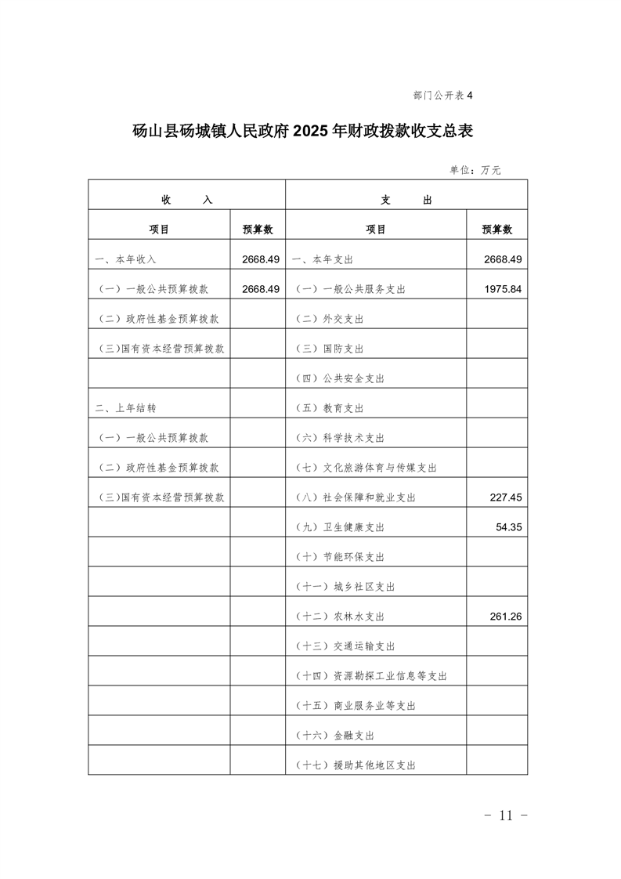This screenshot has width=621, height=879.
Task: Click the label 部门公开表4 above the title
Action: point(443,96)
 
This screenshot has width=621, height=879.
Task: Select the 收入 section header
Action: point(186,200)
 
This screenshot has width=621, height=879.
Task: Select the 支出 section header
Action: point(406,200)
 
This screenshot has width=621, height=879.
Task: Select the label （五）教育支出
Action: point(330,408)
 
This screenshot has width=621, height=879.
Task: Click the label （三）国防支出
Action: point(330,349)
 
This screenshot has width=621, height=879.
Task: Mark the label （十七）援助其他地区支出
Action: point(356,765)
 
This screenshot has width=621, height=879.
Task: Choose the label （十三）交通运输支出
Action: point(345,646)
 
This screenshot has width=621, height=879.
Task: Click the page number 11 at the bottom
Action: point(504,816)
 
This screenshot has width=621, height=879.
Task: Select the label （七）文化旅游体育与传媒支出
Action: point(366,468)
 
